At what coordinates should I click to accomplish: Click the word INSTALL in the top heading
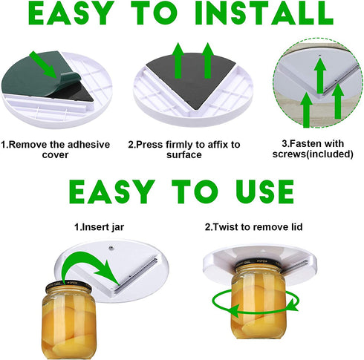coord(264,13)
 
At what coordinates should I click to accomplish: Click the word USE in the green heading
coord(264,192)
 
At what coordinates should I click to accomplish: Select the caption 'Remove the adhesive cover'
coord(56,149)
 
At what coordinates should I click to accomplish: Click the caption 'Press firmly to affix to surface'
coord(184,149)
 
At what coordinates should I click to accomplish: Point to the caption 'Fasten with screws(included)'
coord(313,148)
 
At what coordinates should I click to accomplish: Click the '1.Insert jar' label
coord(100,227)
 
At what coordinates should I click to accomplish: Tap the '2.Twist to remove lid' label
coord(253,227)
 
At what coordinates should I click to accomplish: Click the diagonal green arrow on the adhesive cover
coord(44,65)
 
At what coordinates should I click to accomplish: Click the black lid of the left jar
coord(68,287)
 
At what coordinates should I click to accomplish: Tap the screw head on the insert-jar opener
coord(111,248)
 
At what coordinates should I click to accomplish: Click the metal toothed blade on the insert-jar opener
coord(137,275)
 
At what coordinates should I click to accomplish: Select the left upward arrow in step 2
coord(178,61)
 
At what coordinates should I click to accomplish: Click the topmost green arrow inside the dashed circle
coord(320,76)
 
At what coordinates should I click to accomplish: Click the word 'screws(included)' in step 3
coord(313,154)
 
